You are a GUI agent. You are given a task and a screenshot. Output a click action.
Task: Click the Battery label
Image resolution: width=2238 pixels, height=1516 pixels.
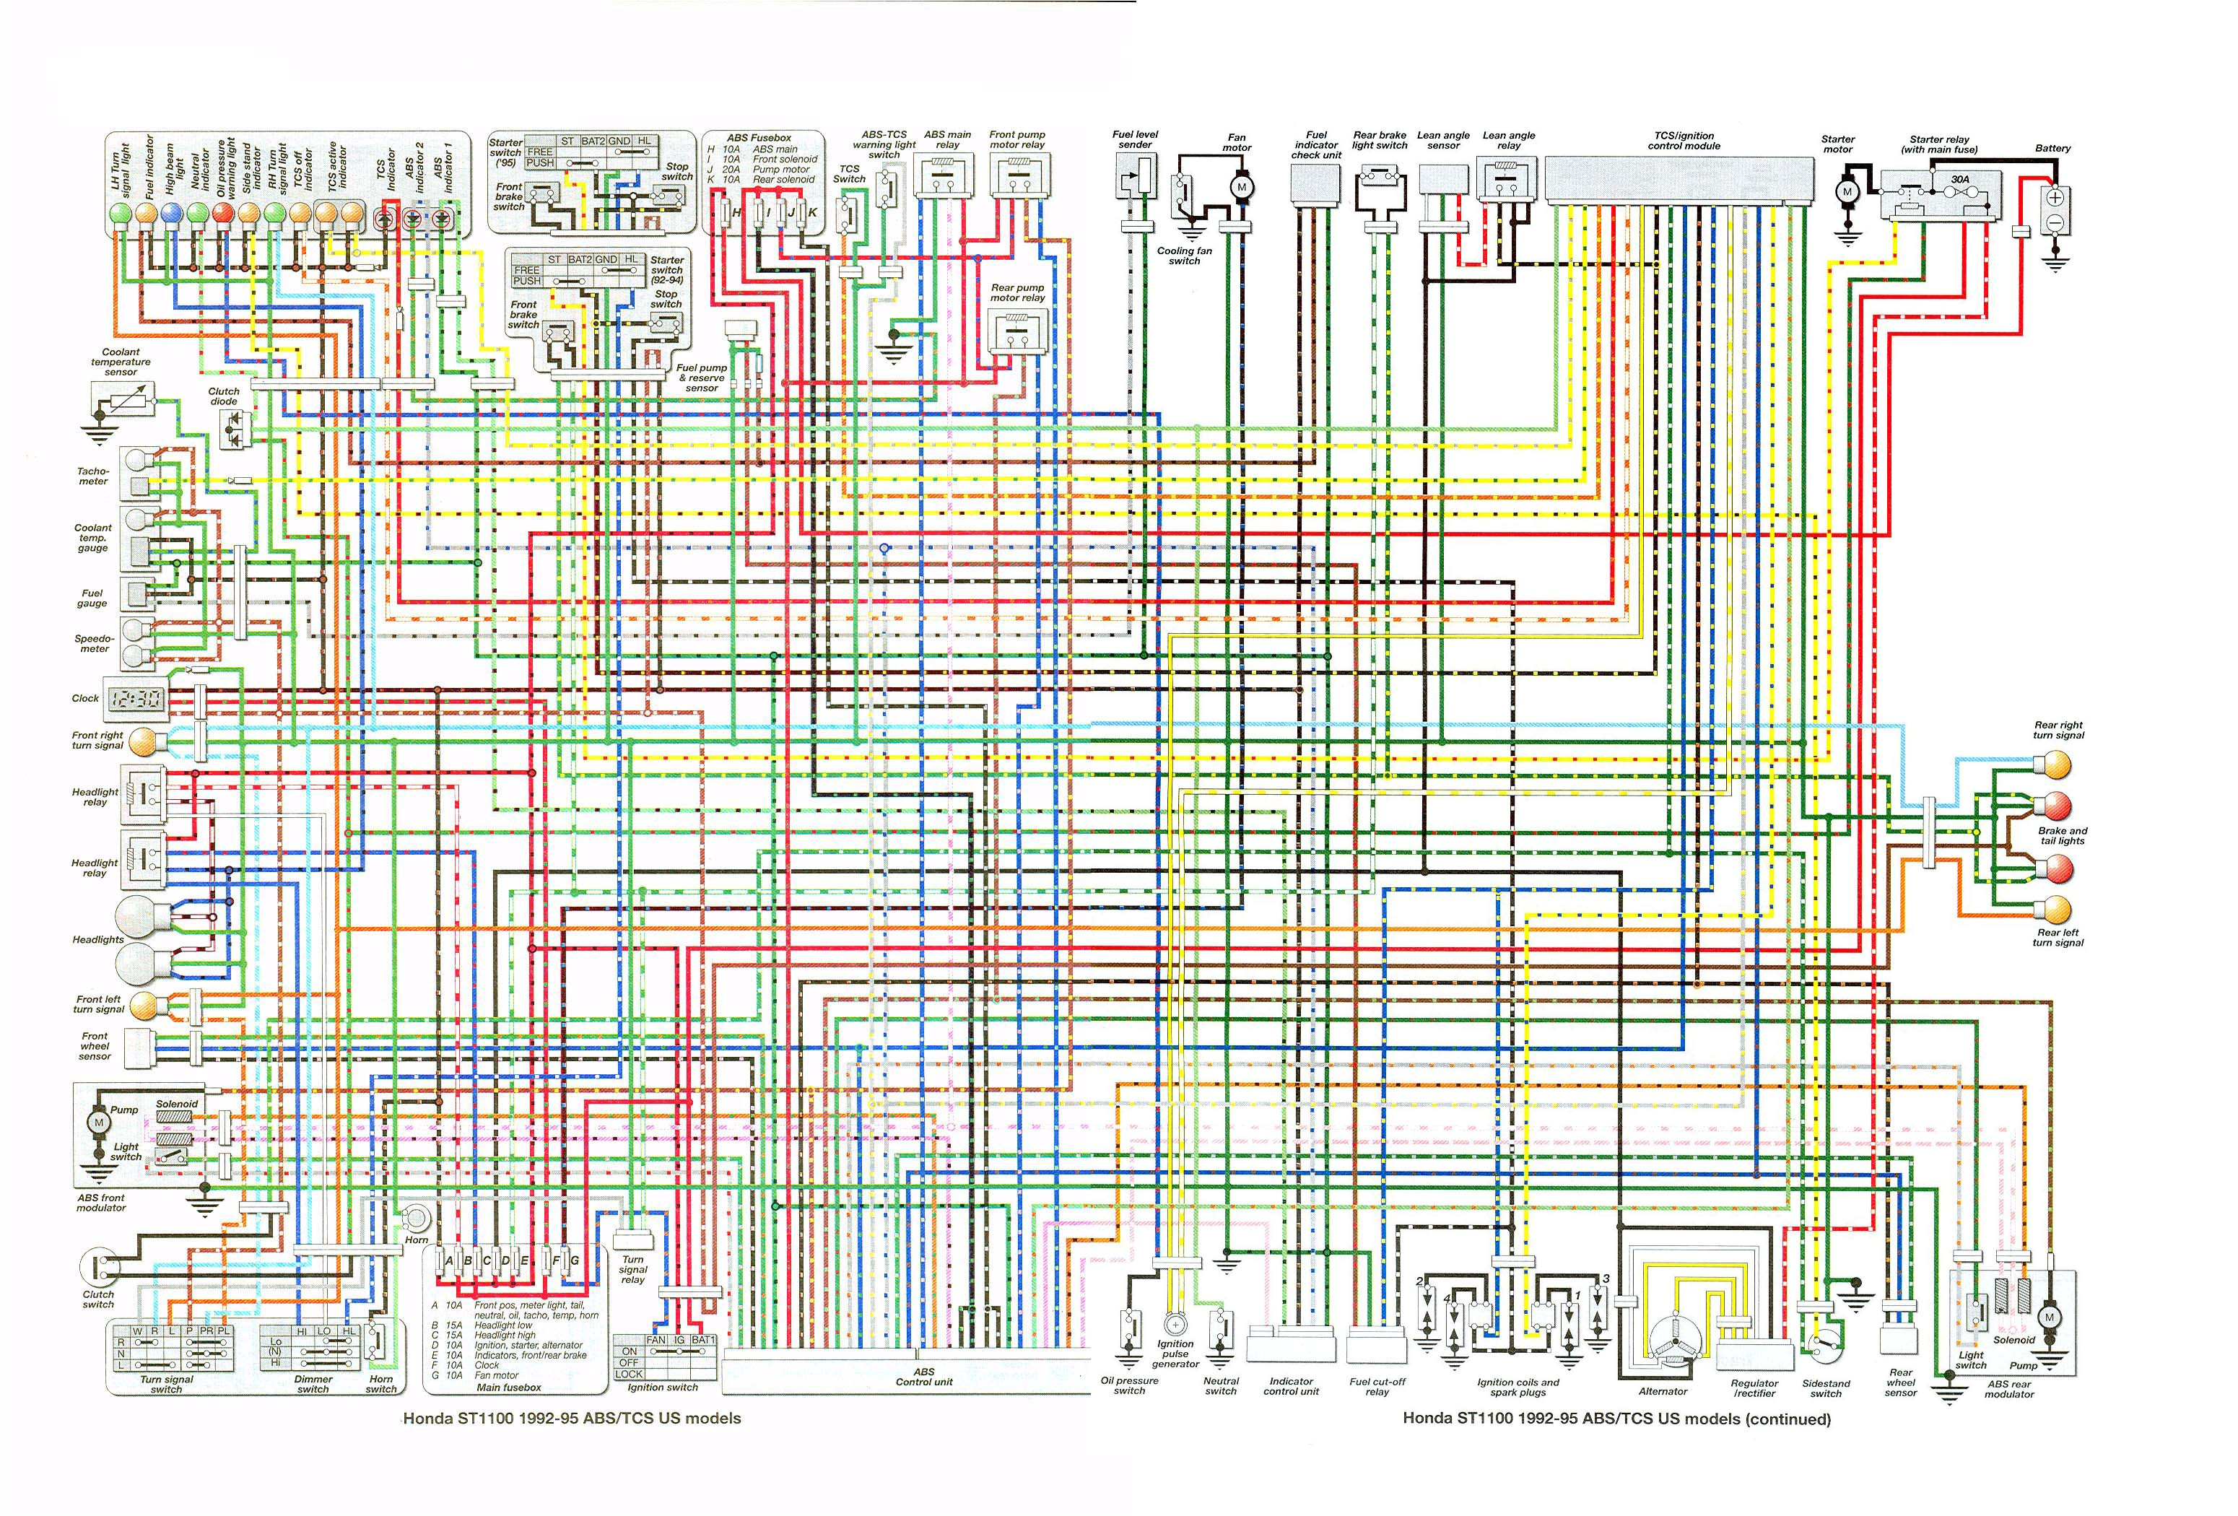[x=2052, y=148]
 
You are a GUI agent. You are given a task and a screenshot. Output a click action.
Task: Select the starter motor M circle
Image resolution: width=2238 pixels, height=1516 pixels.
[x=1847, y=193]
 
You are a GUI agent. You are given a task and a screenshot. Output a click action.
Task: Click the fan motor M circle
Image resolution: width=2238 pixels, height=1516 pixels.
[x=1241, y=187]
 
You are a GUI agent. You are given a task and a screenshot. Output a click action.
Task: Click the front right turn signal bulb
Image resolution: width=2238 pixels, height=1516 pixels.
[x=141, y=741]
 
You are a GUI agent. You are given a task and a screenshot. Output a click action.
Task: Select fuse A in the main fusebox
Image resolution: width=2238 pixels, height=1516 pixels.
[x=449, y=1260]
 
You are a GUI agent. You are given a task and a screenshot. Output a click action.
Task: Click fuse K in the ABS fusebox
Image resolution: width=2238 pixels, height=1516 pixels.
[x=811, y=212]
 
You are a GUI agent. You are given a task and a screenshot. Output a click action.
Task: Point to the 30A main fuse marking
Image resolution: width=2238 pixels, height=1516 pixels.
[x=1959, y=179]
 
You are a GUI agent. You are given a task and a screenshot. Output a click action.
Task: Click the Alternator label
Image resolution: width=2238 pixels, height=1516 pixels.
[x=1663, y=1391]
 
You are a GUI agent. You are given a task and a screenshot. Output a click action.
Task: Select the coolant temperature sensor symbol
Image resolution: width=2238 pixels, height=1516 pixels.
[x=121, y=397]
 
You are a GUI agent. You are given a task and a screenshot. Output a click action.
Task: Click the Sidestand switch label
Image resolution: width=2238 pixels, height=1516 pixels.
[x=1825, y=1388]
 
